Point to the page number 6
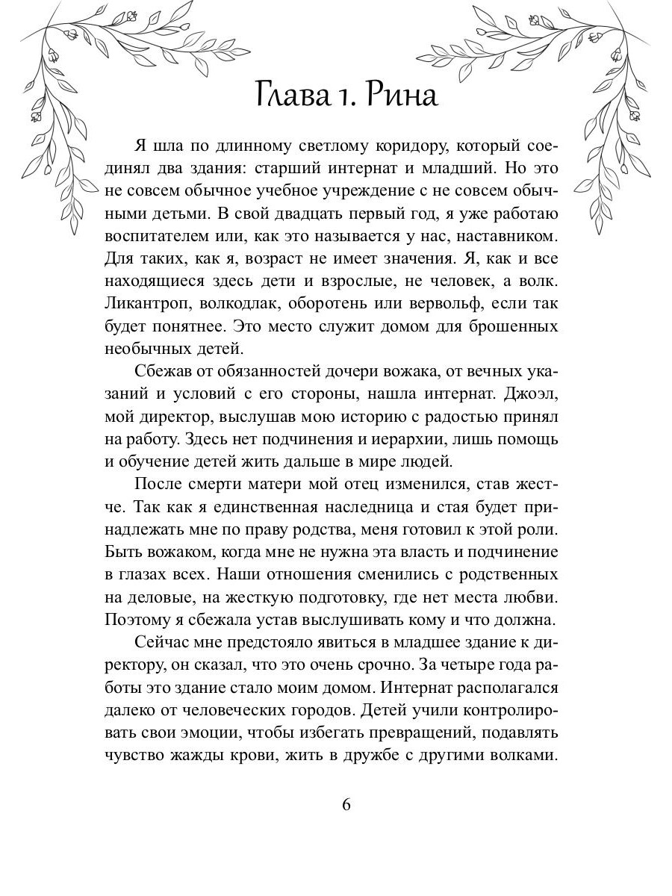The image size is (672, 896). (346, 804)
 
